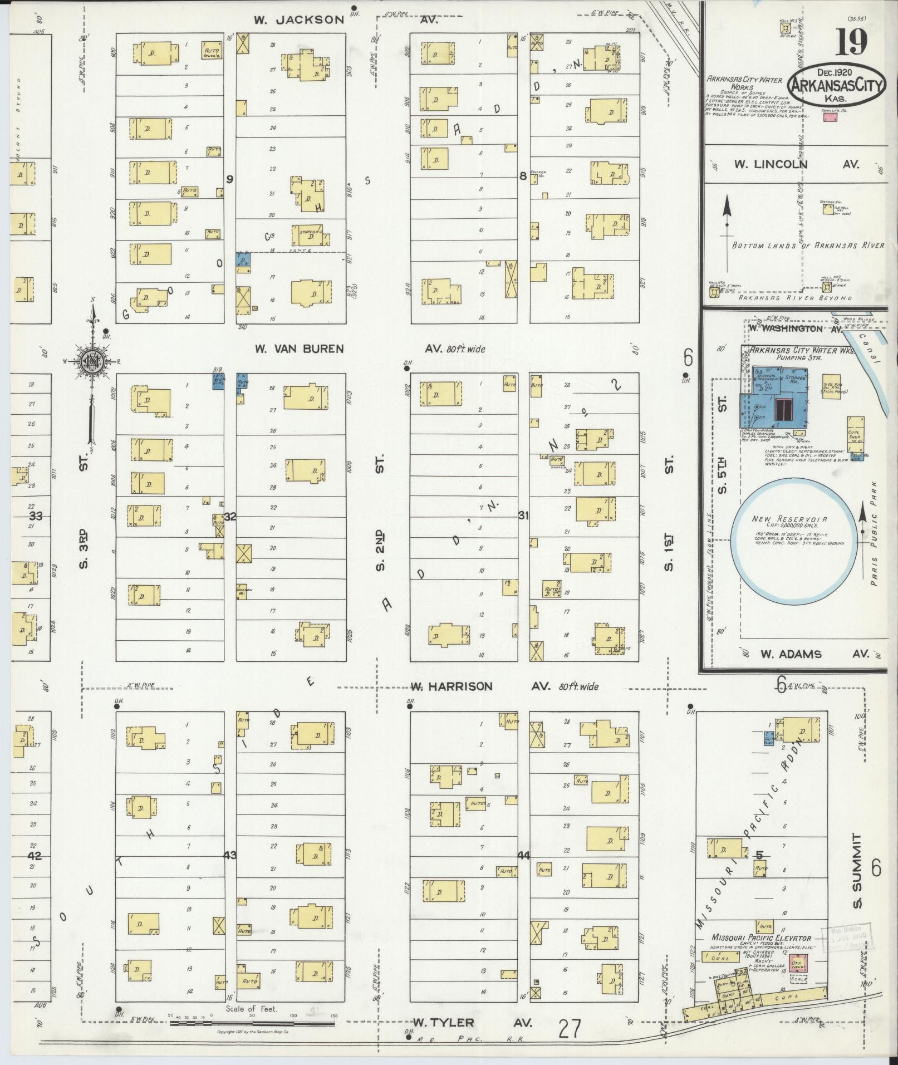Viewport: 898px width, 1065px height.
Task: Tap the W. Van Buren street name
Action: click(299, 349)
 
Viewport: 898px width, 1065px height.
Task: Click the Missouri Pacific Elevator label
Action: click(760, 939)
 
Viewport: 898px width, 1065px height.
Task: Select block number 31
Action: click(523, 516)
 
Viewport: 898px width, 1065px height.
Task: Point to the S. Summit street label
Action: click(857, 878)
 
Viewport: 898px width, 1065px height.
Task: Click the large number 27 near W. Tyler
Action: click(569, 1029)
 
